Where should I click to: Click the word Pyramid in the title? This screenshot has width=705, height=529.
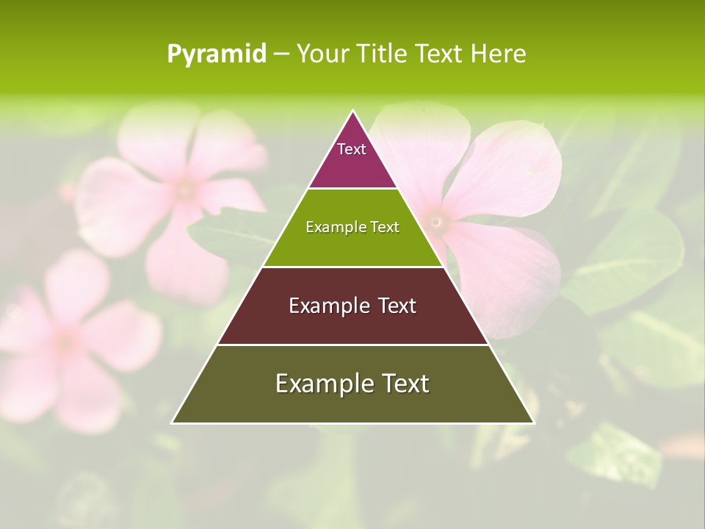pos(216,54)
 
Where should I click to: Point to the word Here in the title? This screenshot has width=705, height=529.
pos(498,54)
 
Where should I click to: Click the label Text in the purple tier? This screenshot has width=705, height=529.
pos(352,149)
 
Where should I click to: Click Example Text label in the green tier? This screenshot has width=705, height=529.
pos(352,227)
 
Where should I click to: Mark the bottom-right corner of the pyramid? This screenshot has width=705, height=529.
pos(533,422)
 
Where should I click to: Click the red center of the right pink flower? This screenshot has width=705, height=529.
pos(436,220)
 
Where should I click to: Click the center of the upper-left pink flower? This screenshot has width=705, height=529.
pos(185,190)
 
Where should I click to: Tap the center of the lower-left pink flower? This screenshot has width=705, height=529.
pos(66,342)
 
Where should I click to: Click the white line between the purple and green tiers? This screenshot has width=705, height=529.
pos(352,189)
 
